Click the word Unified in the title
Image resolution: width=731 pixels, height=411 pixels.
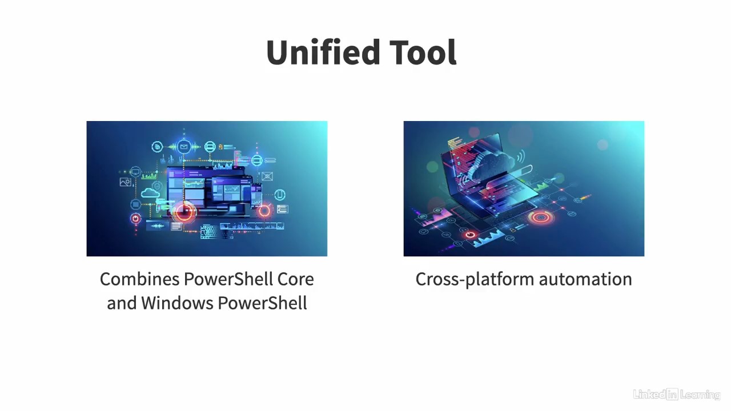pyautogui.click(x=323, y=52)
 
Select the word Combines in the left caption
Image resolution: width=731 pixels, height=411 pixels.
pyautogui.click(x=140, y=279)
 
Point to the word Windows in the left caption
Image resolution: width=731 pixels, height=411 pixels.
pyautogui.click(x=178, y=303)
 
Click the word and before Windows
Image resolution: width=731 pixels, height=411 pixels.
pyautogui.click(x=122, y=303)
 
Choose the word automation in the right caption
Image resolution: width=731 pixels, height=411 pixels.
pyautogui.click(x=585, y=279)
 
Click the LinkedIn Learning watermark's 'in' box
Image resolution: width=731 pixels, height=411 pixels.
pyautogui.click(x=673, y=394)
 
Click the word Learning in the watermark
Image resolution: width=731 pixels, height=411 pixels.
pyautogui.click(x=700, y=395)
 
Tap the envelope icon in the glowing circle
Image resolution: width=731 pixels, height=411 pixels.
pyautogui.click(x=184, y=147)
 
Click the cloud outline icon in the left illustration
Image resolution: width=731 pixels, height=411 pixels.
pyautogui.click(x=150, y=193)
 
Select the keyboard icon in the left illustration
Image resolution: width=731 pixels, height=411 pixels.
pyautogui.click(x=209, y=232)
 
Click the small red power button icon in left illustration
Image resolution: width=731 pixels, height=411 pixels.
pyautogui.click(x=135, y=218)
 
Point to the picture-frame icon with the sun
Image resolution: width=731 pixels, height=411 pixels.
pyautogui.click(x=125, y=182)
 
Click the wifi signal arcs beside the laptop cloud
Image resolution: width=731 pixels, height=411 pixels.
pyautogui.click(x=521, y=156)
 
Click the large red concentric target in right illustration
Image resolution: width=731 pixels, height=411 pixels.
pyautogui.click(x=541, y=217)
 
